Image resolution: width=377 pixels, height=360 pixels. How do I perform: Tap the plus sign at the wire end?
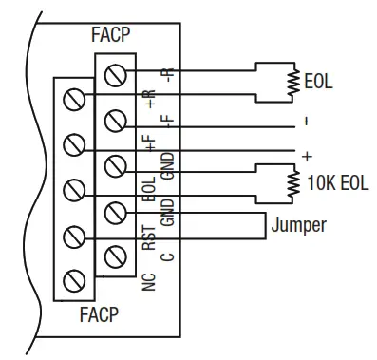(307, 154)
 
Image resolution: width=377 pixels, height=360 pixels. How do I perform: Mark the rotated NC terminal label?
(150, 280)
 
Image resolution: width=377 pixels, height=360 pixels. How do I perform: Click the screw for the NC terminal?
(72, 280)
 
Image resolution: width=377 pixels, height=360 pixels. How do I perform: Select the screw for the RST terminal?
(72, 235)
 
